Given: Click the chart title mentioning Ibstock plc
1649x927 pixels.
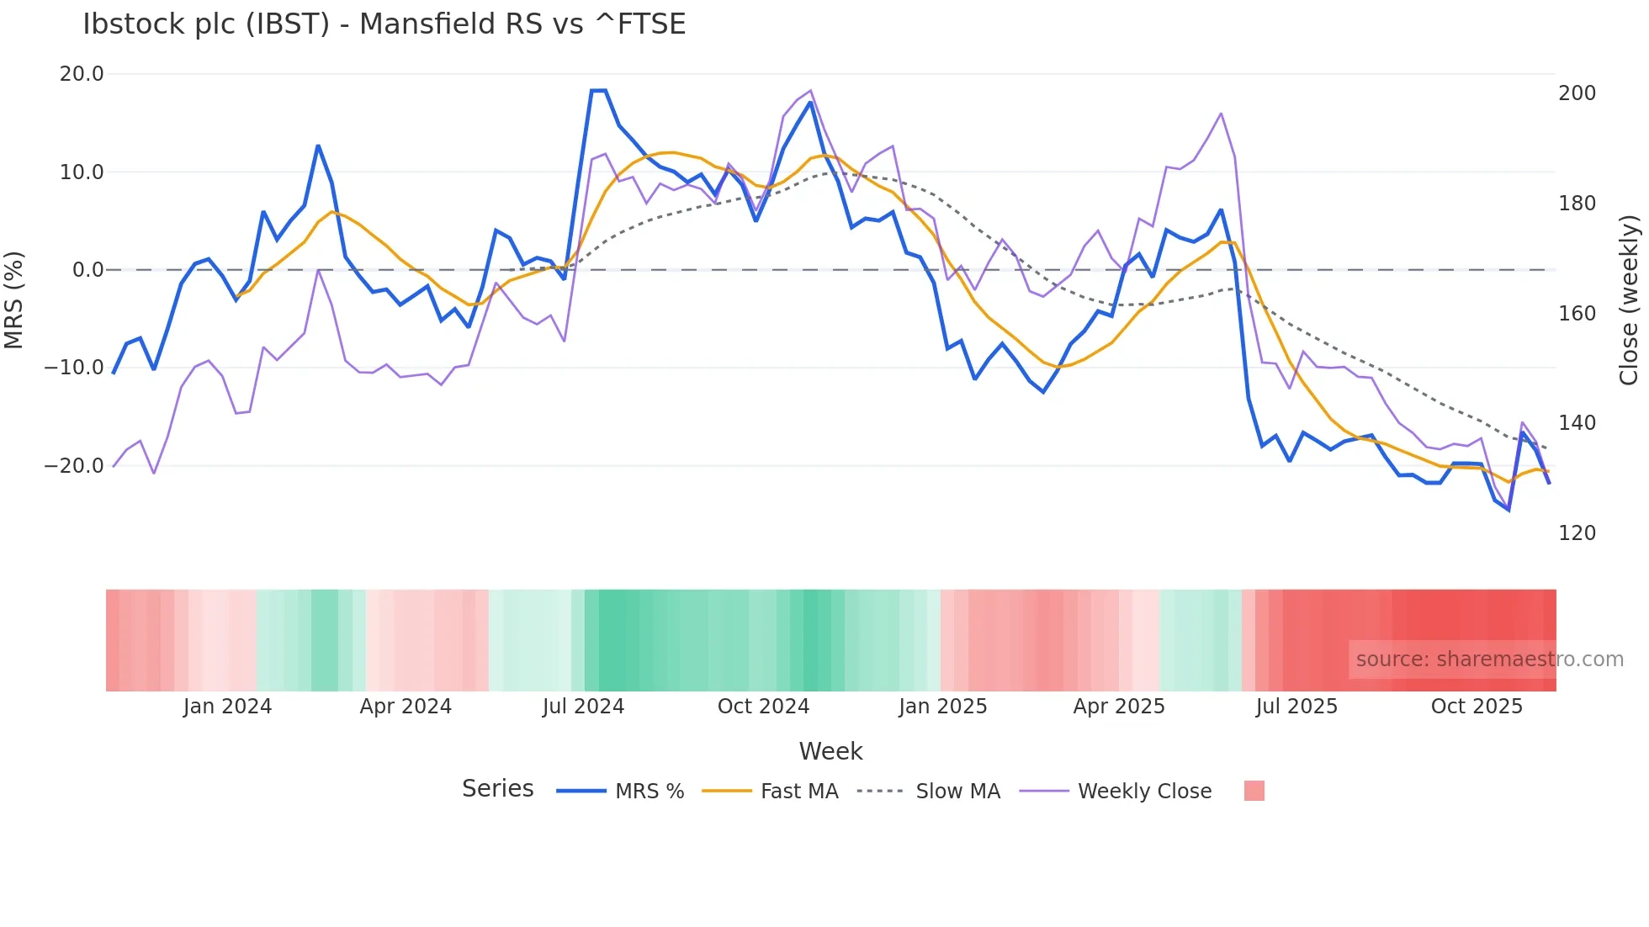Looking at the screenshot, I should click(x=384, y=24).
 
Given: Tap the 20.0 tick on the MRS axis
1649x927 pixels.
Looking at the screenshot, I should click(x=82, y=74).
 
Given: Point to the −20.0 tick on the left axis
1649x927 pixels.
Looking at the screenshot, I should click(x=74, y=466).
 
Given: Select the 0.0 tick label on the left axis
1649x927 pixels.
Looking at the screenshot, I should click(x=87, y=270).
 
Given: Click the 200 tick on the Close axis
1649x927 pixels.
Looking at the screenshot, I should click(x=1577, y=93).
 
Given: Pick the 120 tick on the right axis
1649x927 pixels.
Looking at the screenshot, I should click(x=1577, y=533).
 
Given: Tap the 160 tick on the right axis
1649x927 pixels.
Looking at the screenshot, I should click(x=1577, y=314).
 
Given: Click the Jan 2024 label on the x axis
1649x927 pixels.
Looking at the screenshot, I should click(x=227, y=707).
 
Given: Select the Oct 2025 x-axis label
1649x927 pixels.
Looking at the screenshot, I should click(x=1477, y=707).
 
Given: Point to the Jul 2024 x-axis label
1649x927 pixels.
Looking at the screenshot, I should click(x=583, y=707).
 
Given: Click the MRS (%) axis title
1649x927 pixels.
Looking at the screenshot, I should click(x=13, y=300).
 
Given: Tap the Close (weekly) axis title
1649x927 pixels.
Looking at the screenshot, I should click(x=1630, y=300).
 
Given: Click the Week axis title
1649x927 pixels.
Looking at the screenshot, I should click(x=830, y=751).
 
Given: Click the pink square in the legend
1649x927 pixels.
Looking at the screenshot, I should click(x=1254, y=791).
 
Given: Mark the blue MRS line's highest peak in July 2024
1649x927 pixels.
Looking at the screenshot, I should click(x=598, y=91).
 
